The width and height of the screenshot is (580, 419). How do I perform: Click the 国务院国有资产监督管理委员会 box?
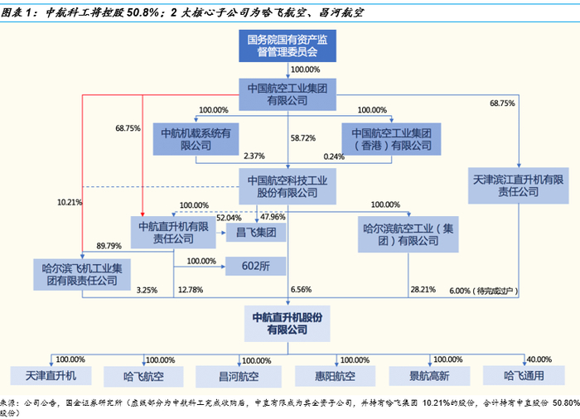[x=288, y=46]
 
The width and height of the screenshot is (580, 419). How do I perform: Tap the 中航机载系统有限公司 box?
[x=195, y=138]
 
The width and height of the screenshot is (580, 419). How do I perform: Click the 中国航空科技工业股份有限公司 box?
[x=288, y=185]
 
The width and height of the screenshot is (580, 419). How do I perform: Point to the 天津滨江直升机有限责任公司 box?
[x=518, y=185]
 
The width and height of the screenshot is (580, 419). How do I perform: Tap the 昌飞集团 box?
[x=256, y=232]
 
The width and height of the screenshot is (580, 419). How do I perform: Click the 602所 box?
[x=257, y=266]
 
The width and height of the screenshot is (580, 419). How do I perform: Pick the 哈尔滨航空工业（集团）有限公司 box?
[x=409, y=232]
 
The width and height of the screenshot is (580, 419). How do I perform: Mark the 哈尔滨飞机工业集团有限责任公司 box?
[x=81, y=274]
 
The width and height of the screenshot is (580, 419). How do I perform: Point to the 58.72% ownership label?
[x=304, y=138]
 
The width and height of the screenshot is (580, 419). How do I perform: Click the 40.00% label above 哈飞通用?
[x=539, y=359]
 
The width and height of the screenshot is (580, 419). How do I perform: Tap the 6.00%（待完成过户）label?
[x=486, y=291]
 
